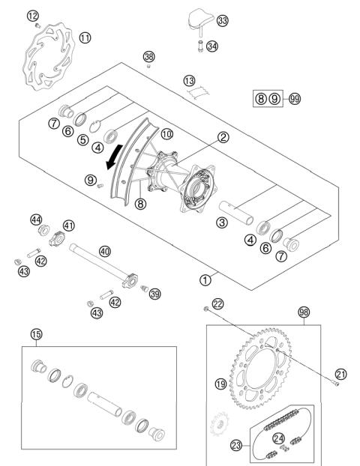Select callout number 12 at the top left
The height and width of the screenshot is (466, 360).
click(x=31, y=16)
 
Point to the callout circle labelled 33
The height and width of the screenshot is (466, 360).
click(x=222, y=20)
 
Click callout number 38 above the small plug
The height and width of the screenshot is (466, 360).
click(x=149, y=57)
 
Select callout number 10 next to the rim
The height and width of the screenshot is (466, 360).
click(x=166, y=133)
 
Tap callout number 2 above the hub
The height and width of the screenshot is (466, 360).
click(x=223, y=137)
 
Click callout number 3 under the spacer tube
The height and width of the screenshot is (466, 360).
click(x=223, y=222)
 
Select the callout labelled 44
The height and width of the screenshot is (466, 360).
click(x=36, y=219)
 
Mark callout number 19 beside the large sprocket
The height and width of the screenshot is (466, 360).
click(x=220, y=384)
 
